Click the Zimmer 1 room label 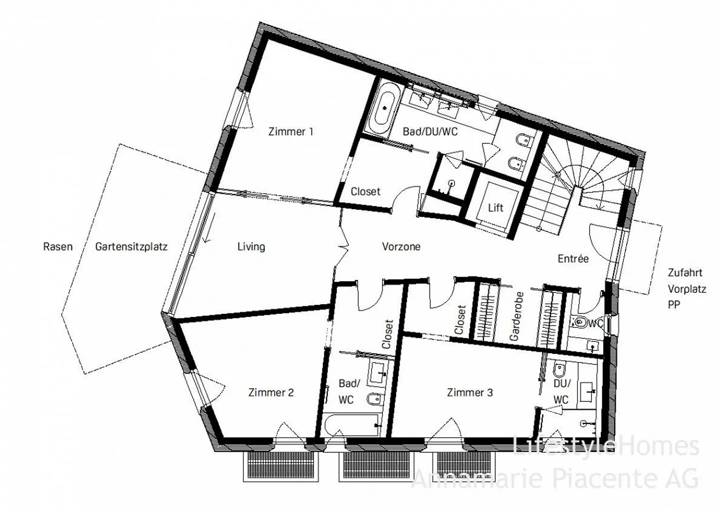290,132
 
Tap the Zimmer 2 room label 271,393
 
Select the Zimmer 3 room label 470,393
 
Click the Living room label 251,247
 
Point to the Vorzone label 401,247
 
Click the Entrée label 573,259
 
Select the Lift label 495,207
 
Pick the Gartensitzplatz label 131,247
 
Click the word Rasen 58,247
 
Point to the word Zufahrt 684,273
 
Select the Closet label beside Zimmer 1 365,192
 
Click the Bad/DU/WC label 430,132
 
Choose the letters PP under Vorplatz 674,304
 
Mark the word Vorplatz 686,289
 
